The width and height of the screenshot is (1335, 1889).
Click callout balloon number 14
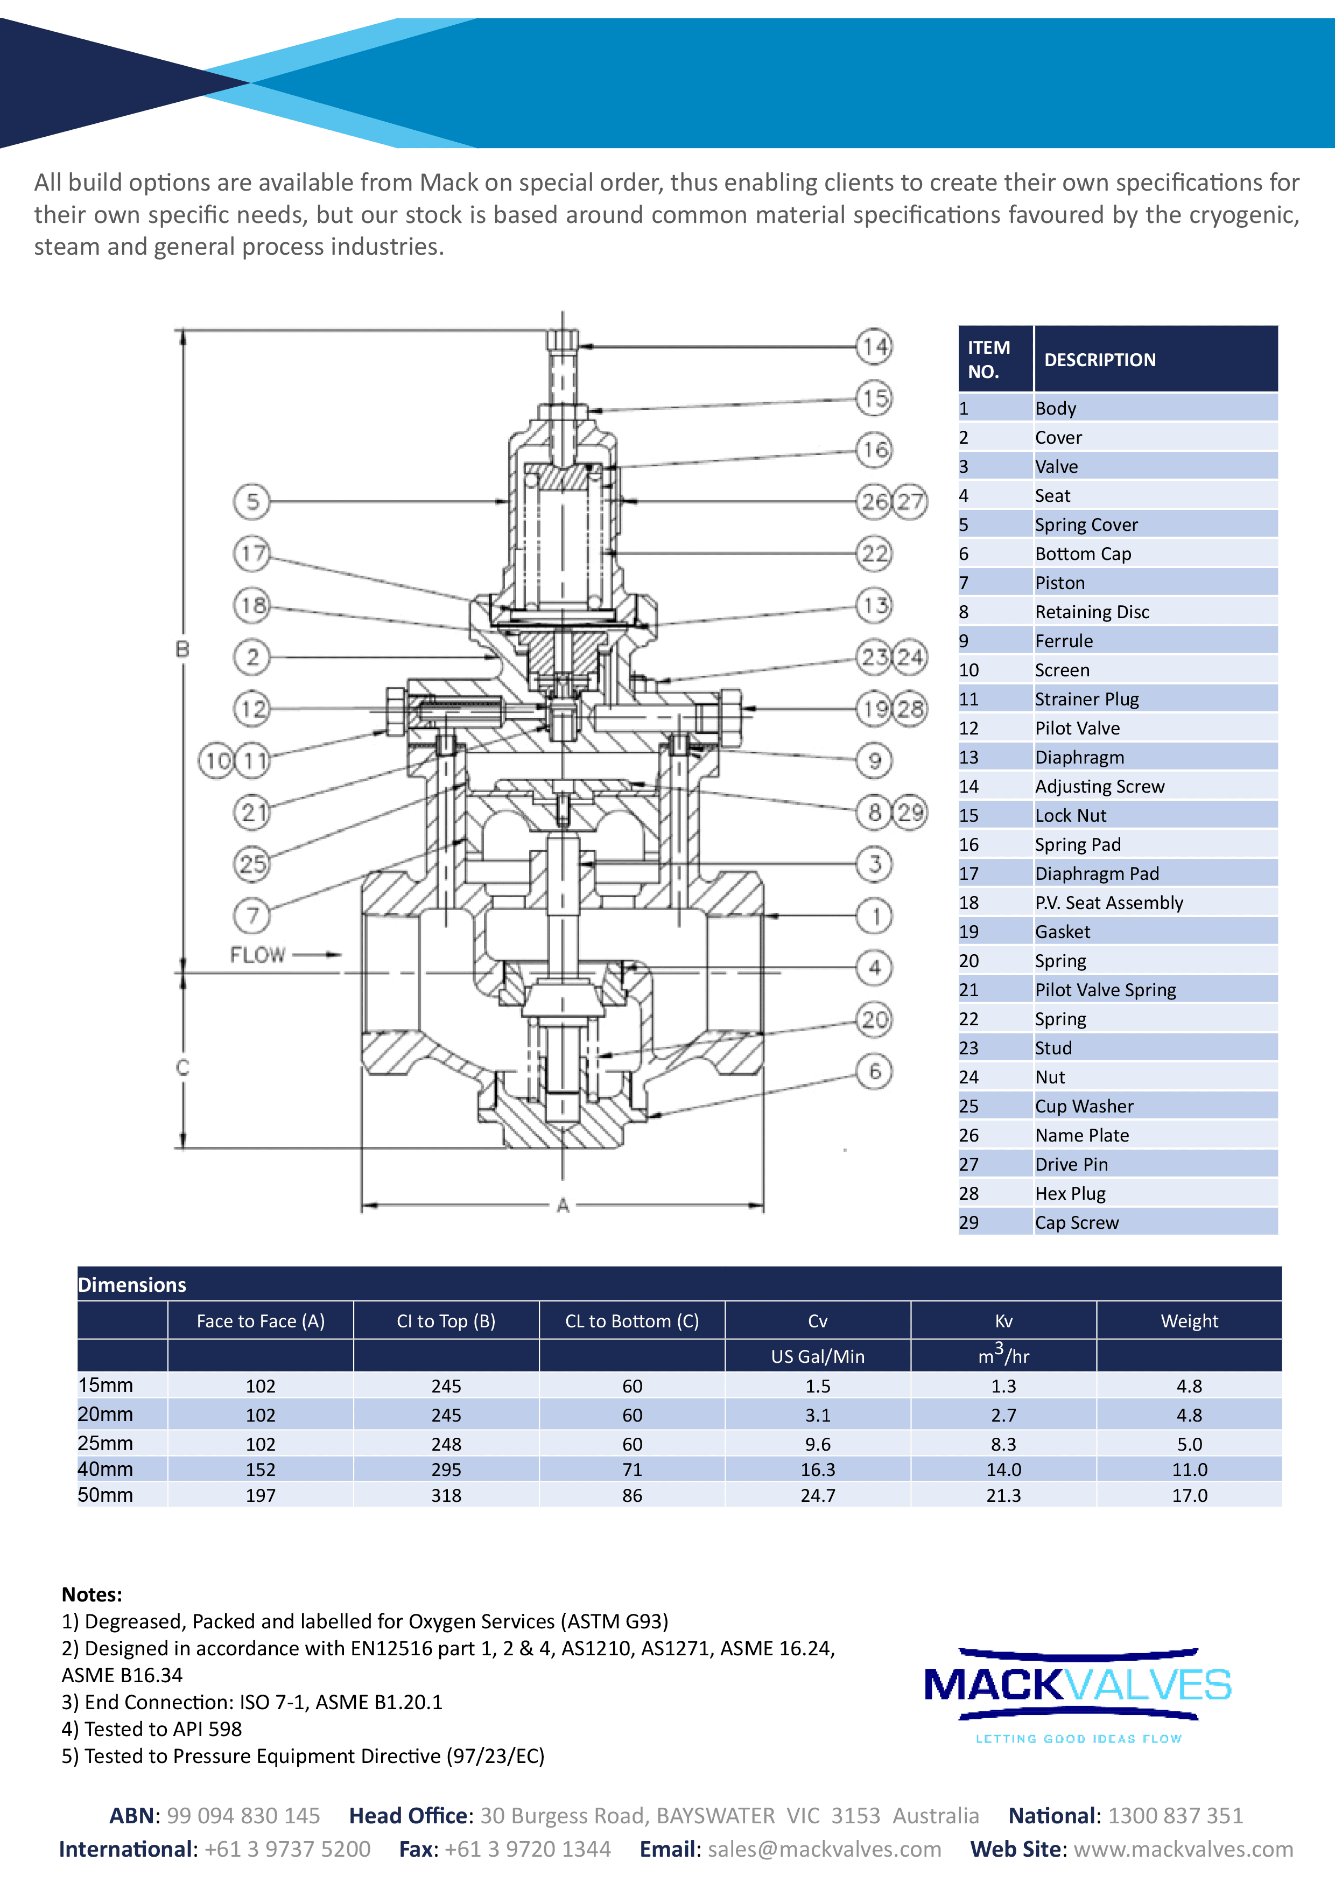click(x=874, y=346)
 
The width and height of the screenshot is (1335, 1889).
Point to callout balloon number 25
click(x=252, y=864)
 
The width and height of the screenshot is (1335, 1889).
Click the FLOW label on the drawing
click(x=257, y=954)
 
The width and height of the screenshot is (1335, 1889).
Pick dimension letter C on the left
click(x=182, y=1067)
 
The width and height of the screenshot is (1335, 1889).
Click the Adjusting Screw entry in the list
click(x=1099, y=787)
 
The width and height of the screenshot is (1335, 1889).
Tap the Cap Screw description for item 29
click(x=1077, y=1222)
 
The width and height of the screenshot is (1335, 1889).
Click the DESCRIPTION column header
click(x=1100, y=360)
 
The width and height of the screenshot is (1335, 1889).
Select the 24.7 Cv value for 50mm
click(x=818, y=1495)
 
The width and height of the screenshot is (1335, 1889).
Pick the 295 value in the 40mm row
click(x=446, y=1470)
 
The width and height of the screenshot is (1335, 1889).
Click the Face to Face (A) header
click(x=261, y=1320)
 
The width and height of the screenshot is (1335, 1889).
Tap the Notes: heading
click(x=92, y=1594)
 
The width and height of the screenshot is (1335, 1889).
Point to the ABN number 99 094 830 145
click(x=243, y=1816)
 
